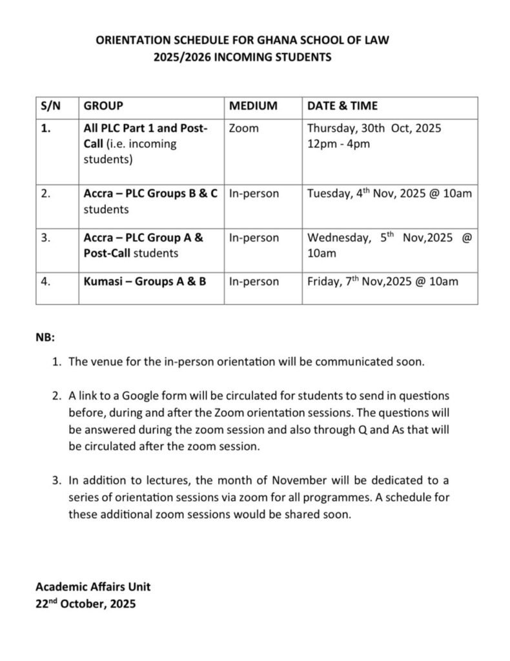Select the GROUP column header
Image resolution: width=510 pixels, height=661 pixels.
[103, 106]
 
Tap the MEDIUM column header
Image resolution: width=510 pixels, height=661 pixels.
[253, 106]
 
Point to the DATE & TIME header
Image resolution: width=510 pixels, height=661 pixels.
[342, 106]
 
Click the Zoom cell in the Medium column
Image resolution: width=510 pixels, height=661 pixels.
[243, 128]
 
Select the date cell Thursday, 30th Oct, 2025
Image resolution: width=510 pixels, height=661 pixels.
[374, 128]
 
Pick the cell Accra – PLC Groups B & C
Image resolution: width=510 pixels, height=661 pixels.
[150, 194]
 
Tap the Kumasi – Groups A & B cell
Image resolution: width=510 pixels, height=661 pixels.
[145, 281]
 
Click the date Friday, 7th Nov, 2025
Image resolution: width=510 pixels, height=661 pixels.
[382, 281]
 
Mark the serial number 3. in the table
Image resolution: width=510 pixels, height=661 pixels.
[45, 238]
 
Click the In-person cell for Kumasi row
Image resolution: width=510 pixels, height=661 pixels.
[254, 281]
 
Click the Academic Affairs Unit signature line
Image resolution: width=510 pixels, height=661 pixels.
[93, 587]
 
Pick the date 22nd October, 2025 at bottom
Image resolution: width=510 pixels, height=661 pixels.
[86, 605]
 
